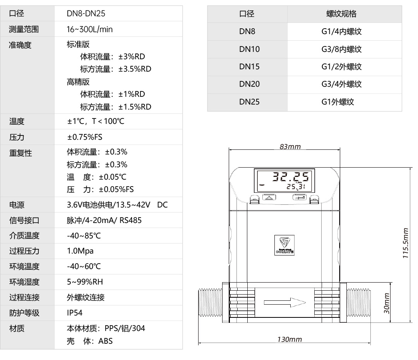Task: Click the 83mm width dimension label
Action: click(x=290, y=147)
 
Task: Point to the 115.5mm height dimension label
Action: click(x=406, y=244)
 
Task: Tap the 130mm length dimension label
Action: click(x=289, y=339)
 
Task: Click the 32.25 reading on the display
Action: click(x=291, y=177)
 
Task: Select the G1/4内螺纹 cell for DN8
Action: click(x=341, y=32)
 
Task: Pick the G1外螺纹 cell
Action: click(x=337, y=102)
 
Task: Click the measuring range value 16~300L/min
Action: click(x=90, y=29)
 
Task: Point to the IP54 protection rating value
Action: click(x=75, y=313)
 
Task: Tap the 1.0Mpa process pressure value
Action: click(x=80, y=251)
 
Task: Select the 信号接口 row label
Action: click(x=24, y=221)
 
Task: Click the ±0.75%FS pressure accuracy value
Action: click(x=84, y=137)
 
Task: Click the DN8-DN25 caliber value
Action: click(x=86, y=14)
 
